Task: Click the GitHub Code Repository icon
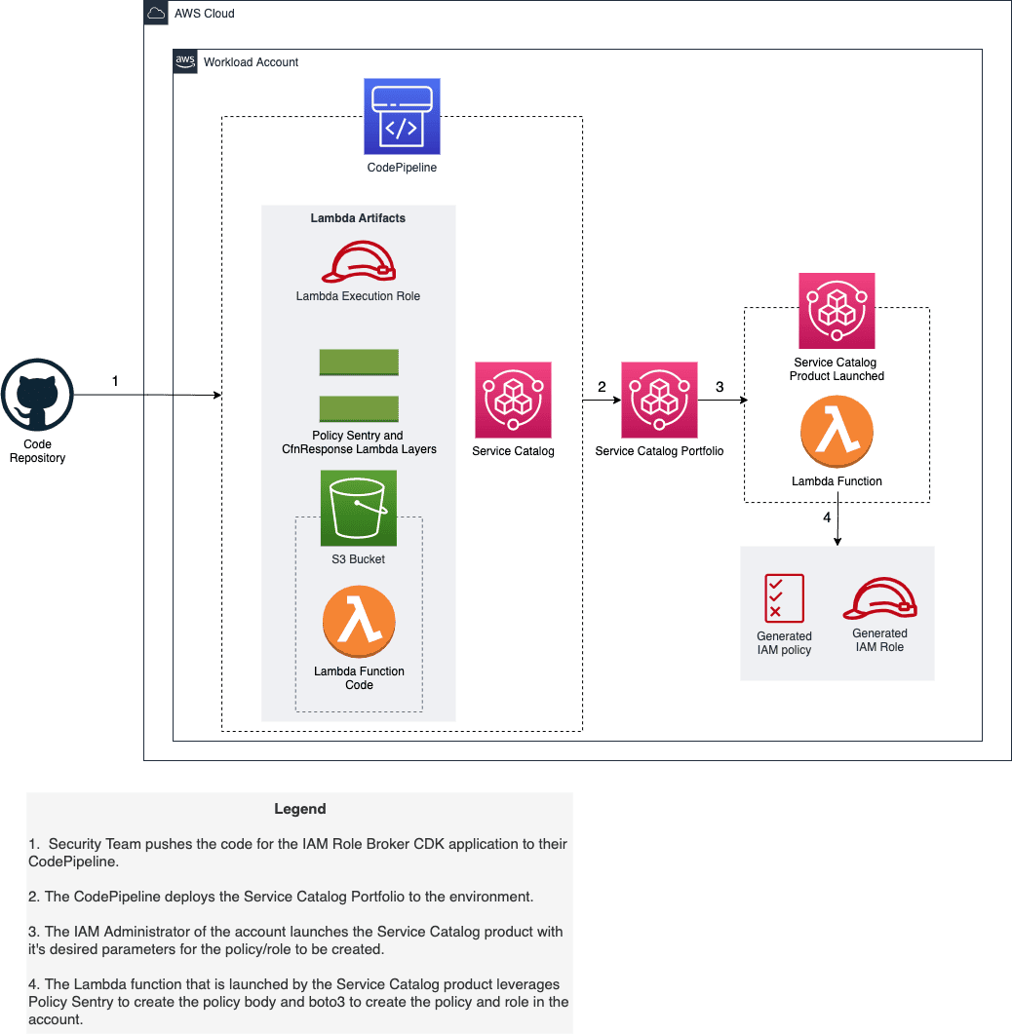(37, 395)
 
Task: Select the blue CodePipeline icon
(402, 117)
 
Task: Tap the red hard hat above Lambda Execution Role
(358, 262)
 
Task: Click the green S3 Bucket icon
(358, 508)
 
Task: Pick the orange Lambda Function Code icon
(359, 621)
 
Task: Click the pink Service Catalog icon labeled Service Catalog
(513, 400)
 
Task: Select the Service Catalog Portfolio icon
(659, 400)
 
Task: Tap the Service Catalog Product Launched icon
(837, 311)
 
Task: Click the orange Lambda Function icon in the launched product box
(837, 432)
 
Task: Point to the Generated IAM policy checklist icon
(785, 598)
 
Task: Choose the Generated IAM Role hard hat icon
(880, 598)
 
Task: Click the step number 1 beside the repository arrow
(115, 381)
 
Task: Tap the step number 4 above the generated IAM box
(827, 517)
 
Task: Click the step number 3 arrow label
(720, 387)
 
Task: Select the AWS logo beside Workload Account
(184, 61)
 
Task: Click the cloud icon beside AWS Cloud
(156, 13)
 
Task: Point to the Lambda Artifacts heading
(358, 218)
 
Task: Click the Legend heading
(300, 809)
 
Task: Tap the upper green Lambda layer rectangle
(359, 362)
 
